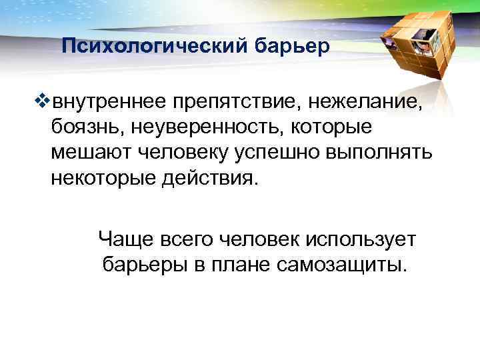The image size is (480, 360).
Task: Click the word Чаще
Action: click(124, 238)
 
